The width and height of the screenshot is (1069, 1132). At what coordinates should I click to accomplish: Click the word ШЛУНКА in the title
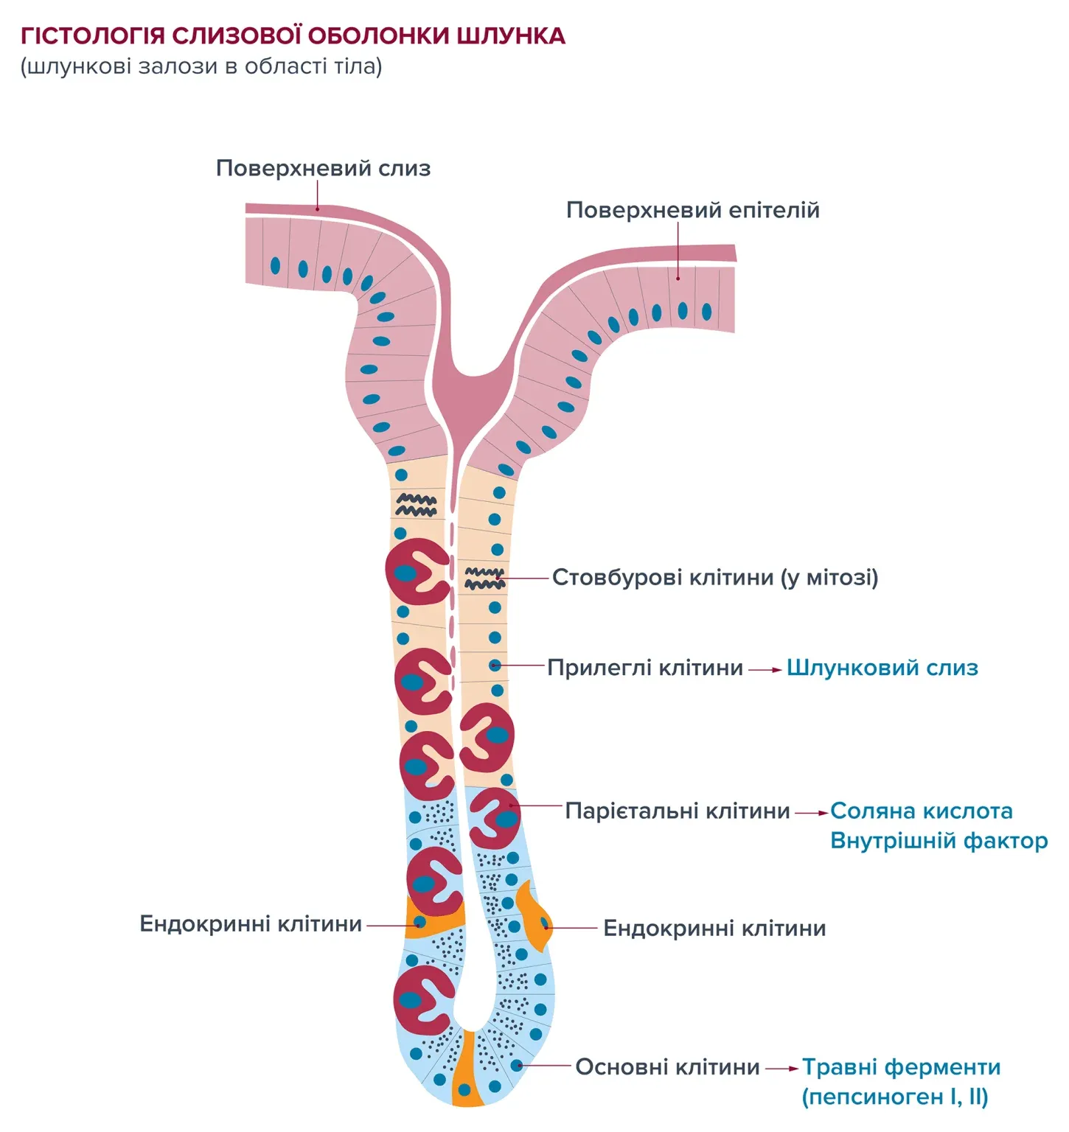tap(510, 35)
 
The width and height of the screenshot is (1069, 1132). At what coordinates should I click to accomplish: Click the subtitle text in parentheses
tap(201, 66)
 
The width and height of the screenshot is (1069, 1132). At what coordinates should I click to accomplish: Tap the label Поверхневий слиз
tap(323, 168)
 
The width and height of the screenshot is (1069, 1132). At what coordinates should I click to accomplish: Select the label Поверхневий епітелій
tap(692, 210)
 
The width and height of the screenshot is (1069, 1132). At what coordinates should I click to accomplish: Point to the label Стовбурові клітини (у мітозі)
tap(715, 577)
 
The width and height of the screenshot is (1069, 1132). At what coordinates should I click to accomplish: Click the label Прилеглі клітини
tap(645, 668)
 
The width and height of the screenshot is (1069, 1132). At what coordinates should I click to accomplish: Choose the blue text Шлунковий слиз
tap(882, 668)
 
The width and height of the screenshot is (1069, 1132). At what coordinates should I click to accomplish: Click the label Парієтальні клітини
tap(678, 811)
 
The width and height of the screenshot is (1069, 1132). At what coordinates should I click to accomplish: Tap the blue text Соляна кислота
tap(921, 811)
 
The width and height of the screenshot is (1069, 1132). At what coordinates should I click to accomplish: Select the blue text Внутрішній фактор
tap(939, 840)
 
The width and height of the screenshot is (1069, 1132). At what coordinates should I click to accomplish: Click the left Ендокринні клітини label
tap(251, 924)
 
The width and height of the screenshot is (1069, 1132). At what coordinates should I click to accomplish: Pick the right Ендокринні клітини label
tap(714, 928)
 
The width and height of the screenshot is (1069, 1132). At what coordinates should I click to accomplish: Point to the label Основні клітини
tap(667, 1066)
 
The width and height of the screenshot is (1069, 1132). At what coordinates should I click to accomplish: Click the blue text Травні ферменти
tap(901, 1066)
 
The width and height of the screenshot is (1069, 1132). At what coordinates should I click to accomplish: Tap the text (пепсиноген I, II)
tap(894, 1097)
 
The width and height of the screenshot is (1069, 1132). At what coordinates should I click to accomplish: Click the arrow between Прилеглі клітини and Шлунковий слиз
tap(765, 670)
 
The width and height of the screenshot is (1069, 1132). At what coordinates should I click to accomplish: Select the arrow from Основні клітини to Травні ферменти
tap(781, 1068)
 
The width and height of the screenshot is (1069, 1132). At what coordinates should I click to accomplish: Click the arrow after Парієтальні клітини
tap(811, 813)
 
